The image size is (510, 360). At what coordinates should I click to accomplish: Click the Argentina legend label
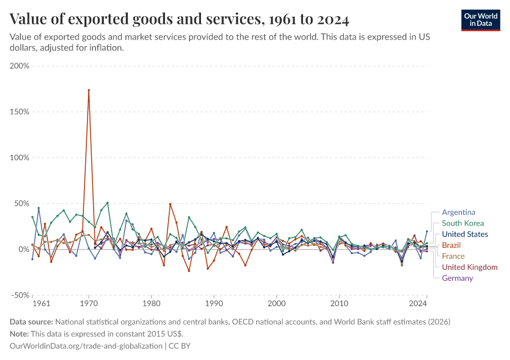tap(458, 212)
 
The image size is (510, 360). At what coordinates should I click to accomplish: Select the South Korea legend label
tap(463, 223)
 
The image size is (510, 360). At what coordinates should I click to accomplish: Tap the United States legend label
tap(465, 235)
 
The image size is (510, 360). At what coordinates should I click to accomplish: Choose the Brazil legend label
tap(452, 245)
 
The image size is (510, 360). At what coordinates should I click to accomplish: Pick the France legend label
tap(453, 256)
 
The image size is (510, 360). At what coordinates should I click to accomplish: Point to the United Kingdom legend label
tap(469, 267)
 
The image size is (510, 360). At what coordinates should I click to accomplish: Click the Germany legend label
tap(457, 278)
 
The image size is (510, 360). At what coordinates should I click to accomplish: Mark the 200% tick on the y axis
tap(20, 65)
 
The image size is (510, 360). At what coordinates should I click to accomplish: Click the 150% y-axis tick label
tap(20, 112)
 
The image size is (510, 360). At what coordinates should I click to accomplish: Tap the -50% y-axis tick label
tap(20, 295)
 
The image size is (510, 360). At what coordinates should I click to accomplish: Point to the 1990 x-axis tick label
tap(214, 304)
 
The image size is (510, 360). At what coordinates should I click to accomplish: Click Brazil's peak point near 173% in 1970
tap(89, 91)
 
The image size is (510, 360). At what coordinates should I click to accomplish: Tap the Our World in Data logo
tap(481, 19)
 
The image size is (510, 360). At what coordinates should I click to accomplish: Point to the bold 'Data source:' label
tap(32, 322)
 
